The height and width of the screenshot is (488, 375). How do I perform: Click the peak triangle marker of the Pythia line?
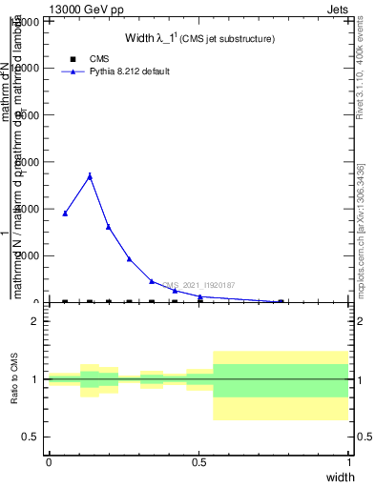click(90, 175)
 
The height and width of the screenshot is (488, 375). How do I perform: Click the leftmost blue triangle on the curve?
click(65, 213)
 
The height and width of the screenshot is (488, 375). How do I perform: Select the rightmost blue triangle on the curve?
click(281, 301)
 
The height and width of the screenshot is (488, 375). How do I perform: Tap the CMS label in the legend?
click(99, 59)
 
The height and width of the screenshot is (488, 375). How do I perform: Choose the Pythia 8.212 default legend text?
click(130, 71)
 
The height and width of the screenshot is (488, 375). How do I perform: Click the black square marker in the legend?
click(73, 59)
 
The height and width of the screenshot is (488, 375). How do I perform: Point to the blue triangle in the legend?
click(73, 71)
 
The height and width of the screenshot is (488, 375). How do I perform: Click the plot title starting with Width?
click(199, 39)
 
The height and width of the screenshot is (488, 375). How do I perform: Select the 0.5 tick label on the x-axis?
click(199, 461)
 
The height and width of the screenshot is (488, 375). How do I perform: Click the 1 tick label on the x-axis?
click(349, 461)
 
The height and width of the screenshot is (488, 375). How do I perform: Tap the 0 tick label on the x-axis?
click(49, 461)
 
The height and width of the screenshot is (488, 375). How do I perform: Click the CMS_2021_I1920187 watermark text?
click(198, 285)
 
